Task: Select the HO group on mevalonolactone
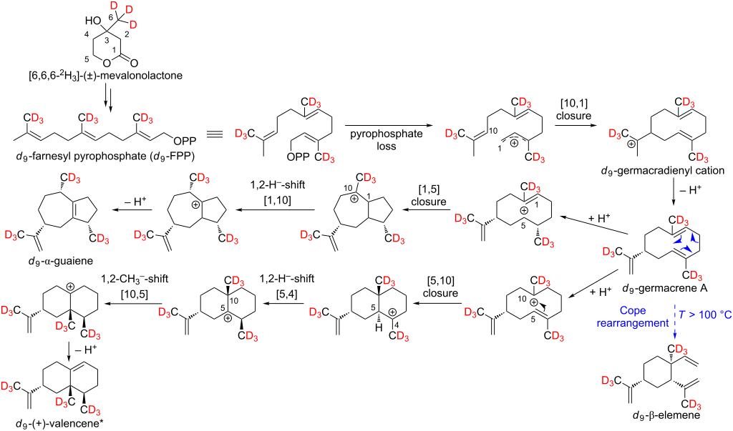(92, 21)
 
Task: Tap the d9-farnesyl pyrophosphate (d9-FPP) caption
(105, 156)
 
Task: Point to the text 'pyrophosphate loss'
(387, 139)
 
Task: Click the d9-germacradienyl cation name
(663, 171)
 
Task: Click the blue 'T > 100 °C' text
(705, 315)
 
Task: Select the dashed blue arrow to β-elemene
(674, 322)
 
